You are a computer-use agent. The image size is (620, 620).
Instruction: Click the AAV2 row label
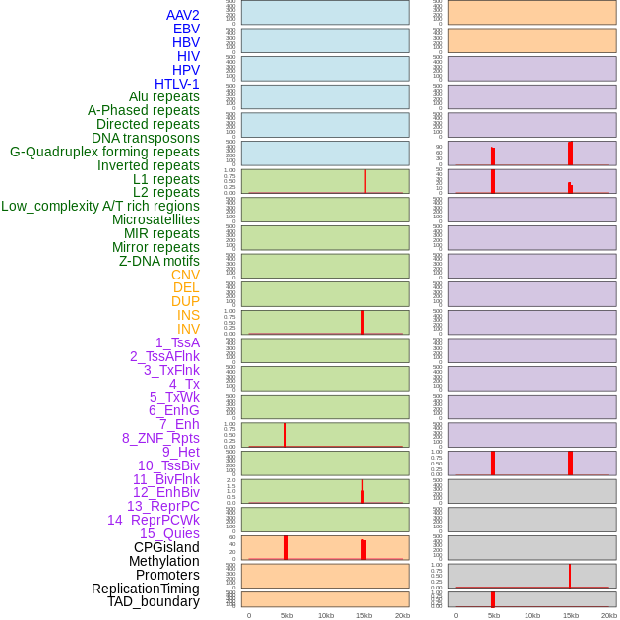pyautogui.click(x=182, y=15)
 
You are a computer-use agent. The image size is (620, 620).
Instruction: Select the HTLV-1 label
pyautogui.click(x=176, y=84)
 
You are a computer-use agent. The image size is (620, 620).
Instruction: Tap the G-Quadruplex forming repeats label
pyautogui.click(x=104, y=152)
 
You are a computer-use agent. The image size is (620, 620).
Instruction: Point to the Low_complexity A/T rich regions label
pyautogui.click(x=100, y=206)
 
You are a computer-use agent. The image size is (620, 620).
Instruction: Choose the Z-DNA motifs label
pyautogui.click(x=159, y=261)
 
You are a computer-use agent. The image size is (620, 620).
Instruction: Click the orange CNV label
pyautogui.click(x=185, y=275)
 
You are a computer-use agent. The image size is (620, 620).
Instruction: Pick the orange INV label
pyautogui.click(x=188, y=329)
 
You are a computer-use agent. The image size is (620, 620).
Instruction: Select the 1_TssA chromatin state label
pyautogui.click(x=177, y=342)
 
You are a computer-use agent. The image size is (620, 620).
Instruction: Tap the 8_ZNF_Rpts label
pyautogui.click(x=160, y=438)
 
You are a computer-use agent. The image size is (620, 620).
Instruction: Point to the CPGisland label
pyautogui.click(x=166, y=547)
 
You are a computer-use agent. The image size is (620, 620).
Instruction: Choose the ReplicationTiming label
pyautogui.click(x=146, y=589)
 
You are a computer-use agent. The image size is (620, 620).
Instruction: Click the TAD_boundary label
pyautogui.click(x=154, y=601)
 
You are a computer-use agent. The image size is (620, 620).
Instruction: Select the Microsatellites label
pyautogui.click(x=155, y=219)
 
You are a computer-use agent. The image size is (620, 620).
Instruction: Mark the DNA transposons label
pyautogui.click(x=146, y=138)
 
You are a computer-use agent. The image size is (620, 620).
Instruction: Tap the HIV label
pyautogui.click(x=188, y=56)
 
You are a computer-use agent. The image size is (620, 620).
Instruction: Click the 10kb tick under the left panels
pyautogui.click(x=326, y=615)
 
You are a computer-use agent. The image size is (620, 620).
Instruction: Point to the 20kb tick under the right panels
pyautogui.click(x=609, y=615)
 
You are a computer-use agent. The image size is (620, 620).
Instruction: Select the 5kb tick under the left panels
pyautogui.click(x=287, y=615)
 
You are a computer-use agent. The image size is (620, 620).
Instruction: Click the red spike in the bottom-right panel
pyautogui.click(x=493, y=599)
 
